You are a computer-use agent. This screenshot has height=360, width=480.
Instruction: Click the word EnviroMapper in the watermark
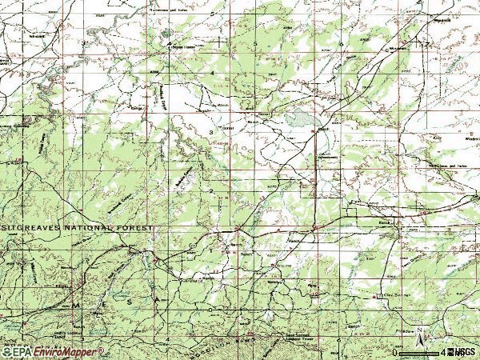pos(67,352)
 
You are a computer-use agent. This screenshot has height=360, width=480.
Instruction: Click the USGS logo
pos(463,351)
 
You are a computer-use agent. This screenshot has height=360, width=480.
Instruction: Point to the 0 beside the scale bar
pos(394,352)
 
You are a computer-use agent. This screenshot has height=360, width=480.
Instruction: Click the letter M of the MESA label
pos(77,305)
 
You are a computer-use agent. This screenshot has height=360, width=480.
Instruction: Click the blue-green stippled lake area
pos(301,120)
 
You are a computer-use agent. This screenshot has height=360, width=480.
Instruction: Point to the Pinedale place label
pos(407,329)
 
